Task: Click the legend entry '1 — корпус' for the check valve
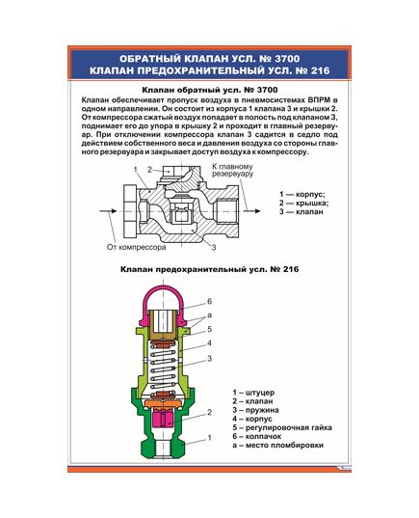(x=302, y=194)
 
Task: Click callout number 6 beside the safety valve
(x=209, y=303)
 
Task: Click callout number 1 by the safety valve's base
(x=209, y=438)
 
